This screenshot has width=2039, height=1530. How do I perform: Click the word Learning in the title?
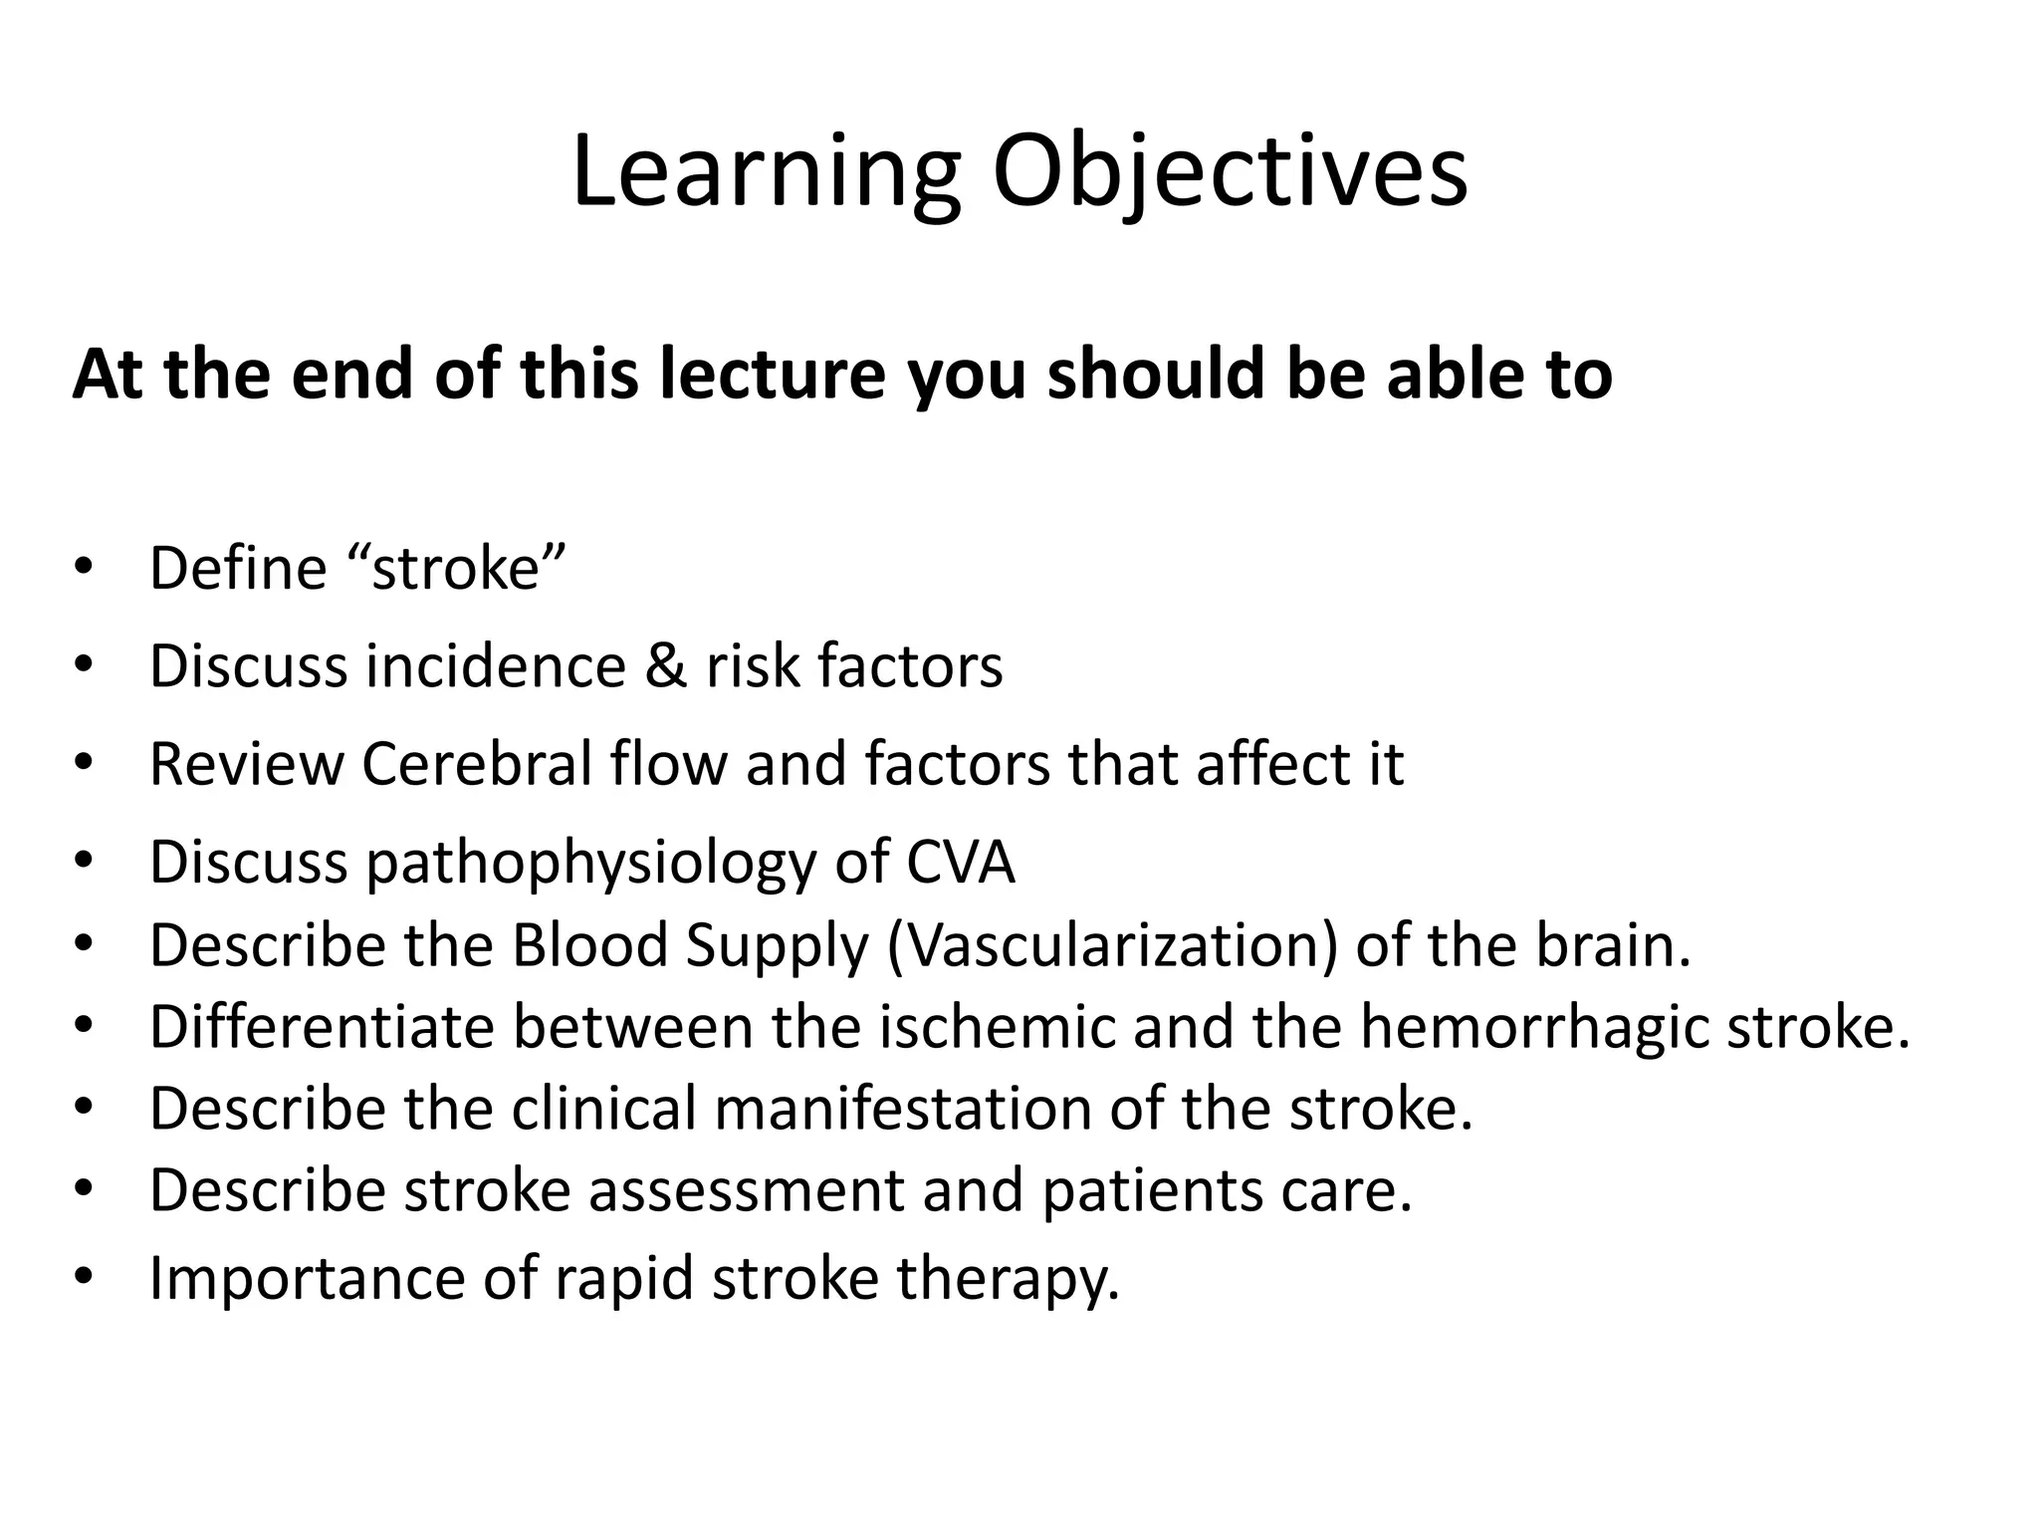pyautogui.click(x=765, y=174)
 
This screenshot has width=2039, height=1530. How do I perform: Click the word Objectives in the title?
pyautogui.click(x=1229, y=174)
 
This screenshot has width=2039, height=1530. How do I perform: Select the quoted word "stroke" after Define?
pyautogui.click(x=458, y=568)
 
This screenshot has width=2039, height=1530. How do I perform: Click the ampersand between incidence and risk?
pyautogui.click(x=666, y=665)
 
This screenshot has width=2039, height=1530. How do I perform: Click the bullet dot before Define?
pyautogui.click(x=83, y=567)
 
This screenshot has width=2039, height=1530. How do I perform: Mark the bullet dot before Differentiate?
pyautogui.click(x=83, y=1025)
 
